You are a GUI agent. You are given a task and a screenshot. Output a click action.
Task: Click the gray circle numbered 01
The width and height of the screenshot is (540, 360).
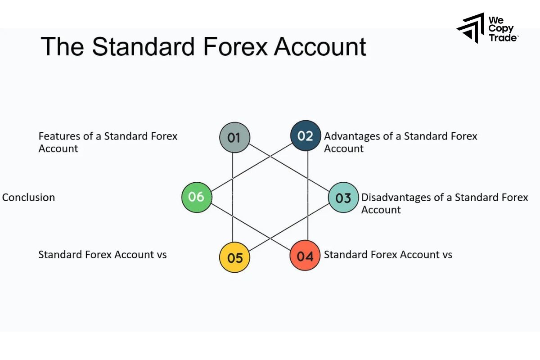tap(234, 137)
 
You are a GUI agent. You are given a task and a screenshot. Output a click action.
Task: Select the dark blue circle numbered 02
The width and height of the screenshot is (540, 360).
tap(306, 135)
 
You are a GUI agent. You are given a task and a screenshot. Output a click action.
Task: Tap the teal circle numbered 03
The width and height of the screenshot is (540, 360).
tap(343, 198)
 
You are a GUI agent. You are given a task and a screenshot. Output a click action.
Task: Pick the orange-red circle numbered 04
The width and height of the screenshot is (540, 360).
tap(305, 256)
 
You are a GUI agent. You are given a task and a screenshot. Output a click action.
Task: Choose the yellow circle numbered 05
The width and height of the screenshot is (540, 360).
tap(234, 257)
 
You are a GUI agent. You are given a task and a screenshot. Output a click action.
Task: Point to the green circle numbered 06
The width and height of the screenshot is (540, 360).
tap(197, 197)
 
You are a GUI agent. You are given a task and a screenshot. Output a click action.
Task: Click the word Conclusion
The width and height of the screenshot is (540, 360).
tap(28, 197)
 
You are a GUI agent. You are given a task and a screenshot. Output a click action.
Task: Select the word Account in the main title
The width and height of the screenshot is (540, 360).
tap(320, 47)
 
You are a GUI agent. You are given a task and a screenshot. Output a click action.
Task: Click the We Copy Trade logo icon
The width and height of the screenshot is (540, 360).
tap(471, 28)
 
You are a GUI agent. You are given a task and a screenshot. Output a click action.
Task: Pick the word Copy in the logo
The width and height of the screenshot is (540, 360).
tap(501, 29)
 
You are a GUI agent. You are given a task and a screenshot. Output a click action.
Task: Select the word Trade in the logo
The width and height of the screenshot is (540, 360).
tap(503, 38)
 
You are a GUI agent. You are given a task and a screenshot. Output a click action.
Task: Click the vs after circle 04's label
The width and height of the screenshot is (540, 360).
tap(446, 255)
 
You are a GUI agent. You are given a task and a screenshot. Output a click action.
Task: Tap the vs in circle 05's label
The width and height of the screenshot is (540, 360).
tap(161, 255)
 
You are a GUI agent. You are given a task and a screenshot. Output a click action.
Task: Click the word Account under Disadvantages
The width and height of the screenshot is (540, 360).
tap(381, 210)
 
